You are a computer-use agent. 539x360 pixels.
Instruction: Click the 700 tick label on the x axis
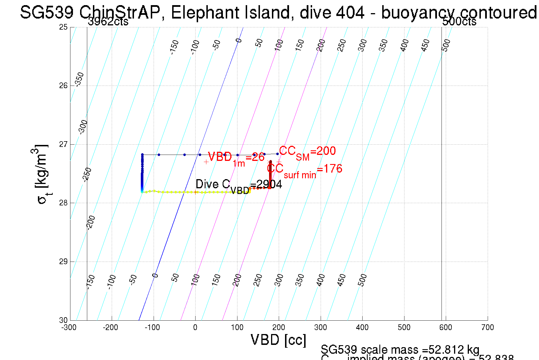tap(487, 327)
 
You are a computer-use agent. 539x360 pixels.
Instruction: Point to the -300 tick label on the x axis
tap(69, 327)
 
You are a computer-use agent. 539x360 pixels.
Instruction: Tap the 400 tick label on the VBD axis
tap(362, 327)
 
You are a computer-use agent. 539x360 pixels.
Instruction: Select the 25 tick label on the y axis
tap(63, 27)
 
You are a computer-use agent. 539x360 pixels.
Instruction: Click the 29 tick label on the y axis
tap(63, 262)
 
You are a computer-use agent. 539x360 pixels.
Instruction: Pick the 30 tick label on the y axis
tap(63, 320)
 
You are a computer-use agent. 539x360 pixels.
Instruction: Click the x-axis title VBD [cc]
tap(278, 340)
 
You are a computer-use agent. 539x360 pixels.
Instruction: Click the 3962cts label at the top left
tap(108, 22)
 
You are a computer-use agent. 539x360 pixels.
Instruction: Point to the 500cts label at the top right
tap(459, 22)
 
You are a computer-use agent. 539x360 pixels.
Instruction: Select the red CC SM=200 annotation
tap(307, 152)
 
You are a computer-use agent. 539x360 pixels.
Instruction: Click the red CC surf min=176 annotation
tap(304, 170)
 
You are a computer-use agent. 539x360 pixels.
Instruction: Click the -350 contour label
tap(79, 79)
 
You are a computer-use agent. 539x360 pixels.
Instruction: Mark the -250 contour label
tap(87, 175)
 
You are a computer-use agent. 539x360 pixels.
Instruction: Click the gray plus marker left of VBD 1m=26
tap(206, 162)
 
